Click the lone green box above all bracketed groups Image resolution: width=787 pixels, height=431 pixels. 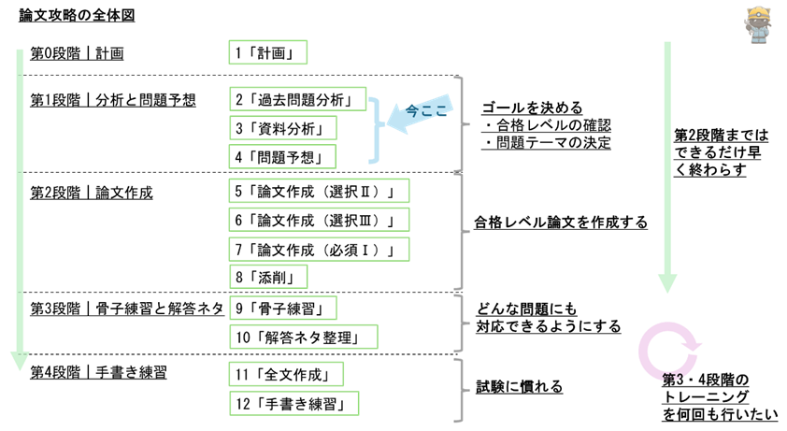[267, 52]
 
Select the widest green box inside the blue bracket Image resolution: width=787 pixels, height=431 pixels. [297, 99]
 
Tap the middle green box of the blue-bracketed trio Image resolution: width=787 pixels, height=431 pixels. [282, 128]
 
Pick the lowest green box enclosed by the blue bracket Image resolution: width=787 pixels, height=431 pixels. [282, 157]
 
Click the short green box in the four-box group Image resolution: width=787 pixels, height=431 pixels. [268, 277]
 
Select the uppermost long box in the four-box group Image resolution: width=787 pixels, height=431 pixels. [319, 191]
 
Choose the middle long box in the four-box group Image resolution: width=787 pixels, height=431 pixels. [319, 220]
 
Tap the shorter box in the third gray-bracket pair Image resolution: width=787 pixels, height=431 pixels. [282, 308]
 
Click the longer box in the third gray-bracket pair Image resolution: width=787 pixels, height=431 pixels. [303, 337]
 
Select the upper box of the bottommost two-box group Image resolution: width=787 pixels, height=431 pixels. [286, 374]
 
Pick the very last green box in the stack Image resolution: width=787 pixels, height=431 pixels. [293, 404]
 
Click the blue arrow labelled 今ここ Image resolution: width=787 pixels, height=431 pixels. [420, 114]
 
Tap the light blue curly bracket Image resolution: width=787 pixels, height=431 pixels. [375, 130]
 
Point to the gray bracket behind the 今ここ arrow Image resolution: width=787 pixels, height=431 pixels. [460, 123]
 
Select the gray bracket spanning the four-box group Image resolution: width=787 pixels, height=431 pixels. [460, 231]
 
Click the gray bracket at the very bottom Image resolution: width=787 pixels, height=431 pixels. [460, 390]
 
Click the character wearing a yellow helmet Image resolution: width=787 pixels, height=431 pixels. [757, 24]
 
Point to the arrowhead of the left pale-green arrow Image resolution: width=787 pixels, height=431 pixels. [20, 361]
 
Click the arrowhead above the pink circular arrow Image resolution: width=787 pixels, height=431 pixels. [667, 283]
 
